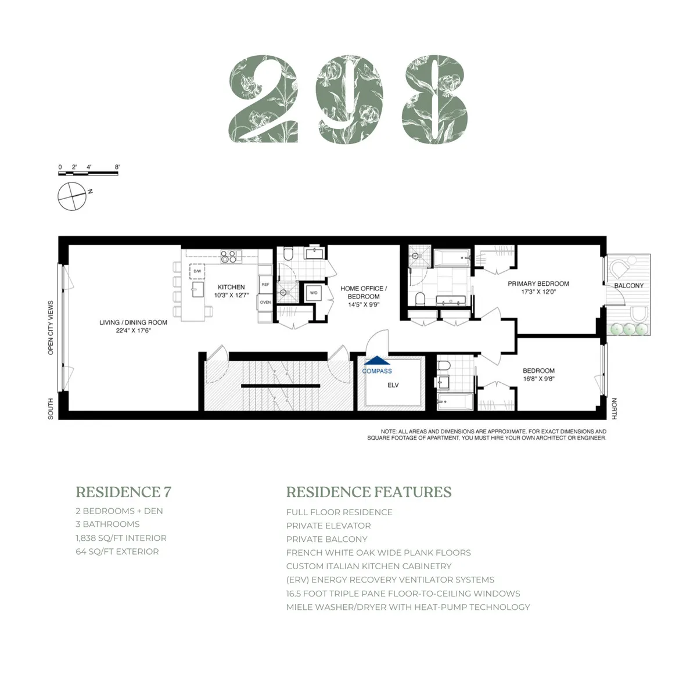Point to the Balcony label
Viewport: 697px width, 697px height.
tap(628, 286)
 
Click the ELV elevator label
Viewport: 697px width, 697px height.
tap(393, 385)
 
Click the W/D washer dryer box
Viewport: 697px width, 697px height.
tap(314, 293)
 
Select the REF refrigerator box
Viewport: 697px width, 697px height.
tap(265, 285)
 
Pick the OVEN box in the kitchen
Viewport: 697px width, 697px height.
tap(265, 302)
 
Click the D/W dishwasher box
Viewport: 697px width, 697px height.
tap(197, 271)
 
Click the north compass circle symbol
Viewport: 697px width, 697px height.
tap(72, 196)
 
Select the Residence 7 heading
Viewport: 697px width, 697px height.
tap(123, 492)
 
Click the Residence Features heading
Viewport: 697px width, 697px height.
tap(368, 492)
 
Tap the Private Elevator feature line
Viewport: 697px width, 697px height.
tap(328, 526)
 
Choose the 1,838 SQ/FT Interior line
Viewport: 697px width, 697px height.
tap(121, 538)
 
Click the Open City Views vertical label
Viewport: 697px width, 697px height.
tap(51, 328)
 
